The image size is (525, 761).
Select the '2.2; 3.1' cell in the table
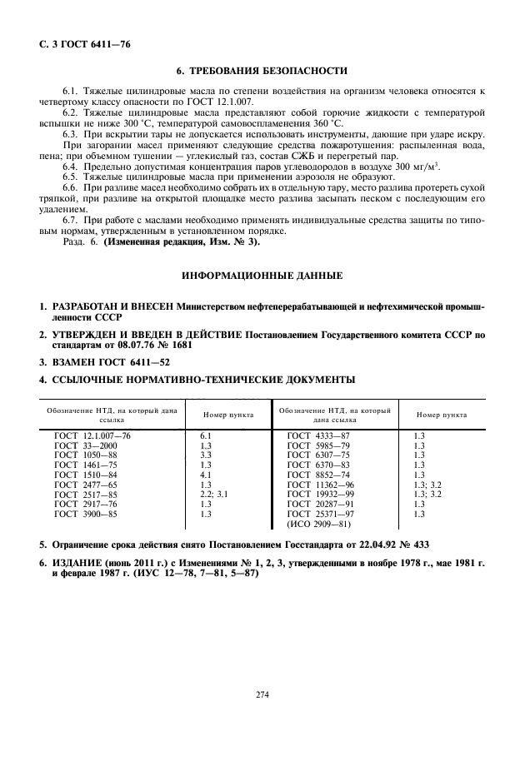tap(214, 493)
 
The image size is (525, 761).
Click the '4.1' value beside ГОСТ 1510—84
tap(206, 474)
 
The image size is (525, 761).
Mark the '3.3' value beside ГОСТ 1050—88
tap(206, 455)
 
